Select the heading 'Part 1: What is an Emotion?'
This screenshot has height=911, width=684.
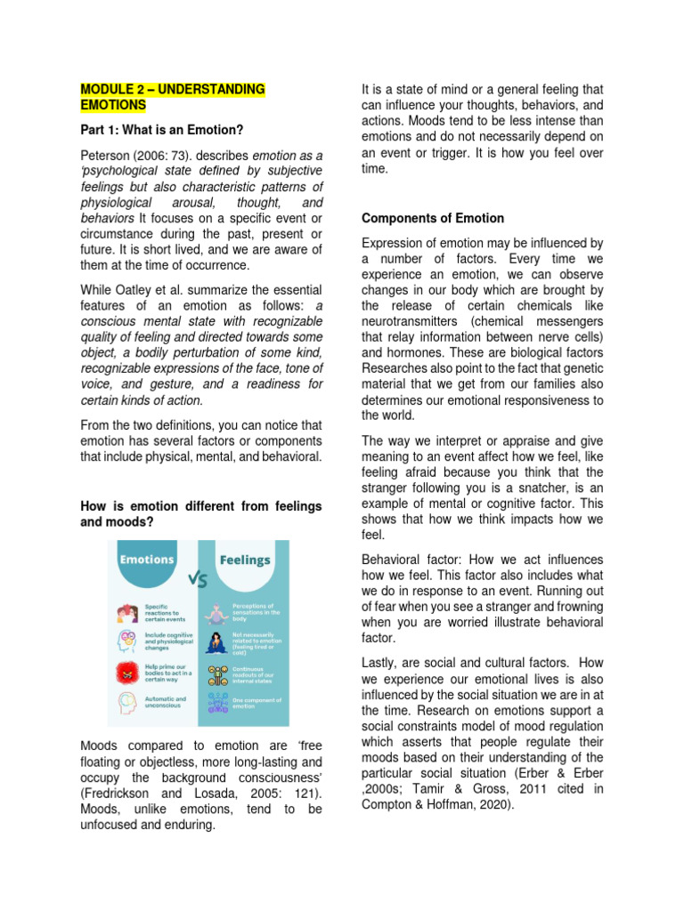coord(161,131)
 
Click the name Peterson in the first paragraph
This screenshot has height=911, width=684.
coord(109,156)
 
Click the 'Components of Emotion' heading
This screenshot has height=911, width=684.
coord(432,218)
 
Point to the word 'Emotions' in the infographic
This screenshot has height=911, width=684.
coord(148,560)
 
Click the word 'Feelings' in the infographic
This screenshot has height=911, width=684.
coord(245,560)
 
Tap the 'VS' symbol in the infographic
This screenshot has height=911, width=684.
coord(198,580)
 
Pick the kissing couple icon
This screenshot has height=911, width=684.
coord(126,613)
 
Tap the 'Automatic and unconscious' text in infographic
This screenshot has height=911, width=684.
coord(166,703)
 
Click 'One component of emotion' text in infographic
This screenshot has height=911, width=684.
coord(258,703)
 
